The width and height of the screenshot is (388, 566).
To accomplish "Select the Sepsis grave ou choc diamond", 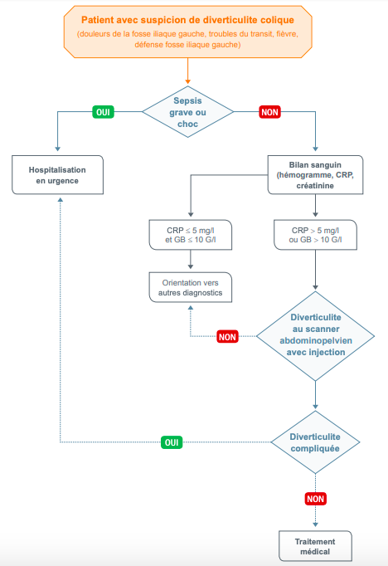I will [x=189, y=111].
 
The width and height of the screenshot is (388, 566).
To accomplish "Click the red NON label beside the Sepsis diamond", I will [x=269, y=111].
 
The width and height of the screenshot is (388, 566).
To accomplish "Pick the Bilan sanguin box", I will [x=316, y=175].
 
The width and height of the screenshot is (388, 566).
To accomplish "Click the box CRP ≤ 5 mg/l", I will [x=191, y=235].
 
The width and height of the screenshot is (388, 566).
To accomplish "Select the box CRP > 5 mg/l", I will [x=316, y=235].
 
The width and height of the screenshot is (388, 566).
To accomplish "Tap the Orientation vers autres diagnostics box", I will [x=191, y=287].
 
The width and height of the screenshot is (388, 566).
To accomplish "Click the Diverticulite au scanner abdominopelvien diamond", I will [x=316, y=335].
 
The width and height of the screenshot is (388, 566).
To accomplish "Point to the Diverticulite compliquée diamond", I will [x=316, y=443].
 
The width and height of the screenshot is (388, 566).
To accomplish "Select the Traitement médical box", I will [x=315, y=545].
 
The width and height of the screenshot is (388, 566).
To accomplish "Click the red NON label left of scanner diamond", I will [x=227, y=336].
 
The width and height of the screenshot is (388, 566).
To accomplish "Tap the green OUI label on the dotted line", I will [x=172, y=442].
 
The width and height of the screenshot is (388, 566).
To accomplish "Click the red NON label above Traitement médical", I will [x=315, y=499].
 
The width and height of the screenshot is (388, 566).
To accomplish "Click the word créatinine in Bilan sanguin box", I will [x=316, y=188].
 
